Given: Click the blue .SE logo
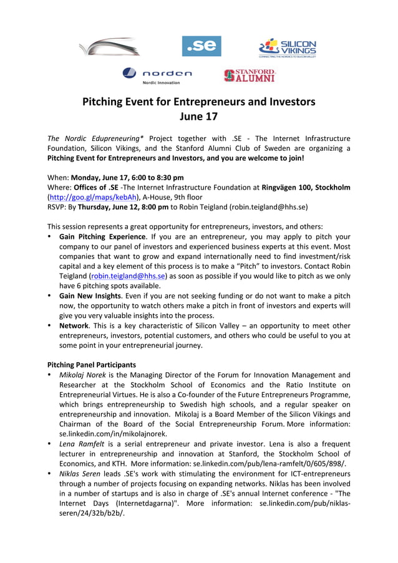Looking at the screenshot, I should (x=201, y=46).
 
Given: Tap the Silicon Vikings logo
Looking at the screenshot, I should (x=288, y=48).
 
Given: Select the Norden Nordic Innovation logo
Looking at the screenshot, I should (x=157, y=75).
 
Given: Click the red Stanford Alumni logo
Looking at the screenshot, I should (x=250, y=75).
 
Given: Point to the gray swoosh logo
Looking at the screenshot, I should (x=110, y=47).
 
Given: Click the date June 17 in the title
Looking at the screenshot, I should (x=198, y=116).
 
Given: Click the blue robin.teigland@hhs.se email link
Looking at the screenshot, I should (x=129, y=276).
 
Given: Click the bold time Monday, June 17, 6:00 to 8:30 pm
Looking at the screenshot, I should (x=127, y=177).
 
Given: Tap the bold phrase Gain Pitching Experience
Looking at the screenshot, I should (x=102, y=237).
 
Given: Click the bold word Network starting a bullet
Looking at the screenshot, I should (x=73, y=325).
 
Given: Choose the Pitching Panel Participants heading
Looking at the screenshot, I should (x=92, y=364).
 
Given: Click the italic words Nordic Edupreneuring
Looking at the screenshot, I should (x=104, y=138).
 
